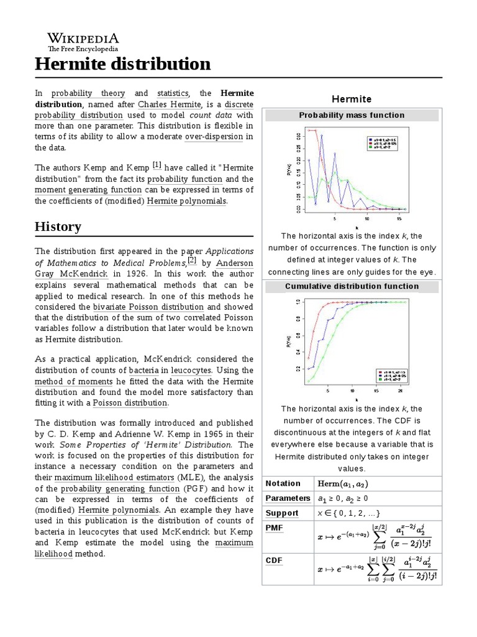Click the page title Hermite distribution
(122, 63)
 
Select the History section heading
(58, 226)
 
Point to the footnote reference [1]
(157, 165)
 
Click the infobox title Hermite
(351, 99)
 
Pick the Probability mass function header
(351, 115)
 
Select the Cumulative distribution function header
(351, 286)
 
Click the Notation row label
(283, 483)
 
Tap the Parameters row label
(288, 498)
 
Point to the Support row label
(282, 513)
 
